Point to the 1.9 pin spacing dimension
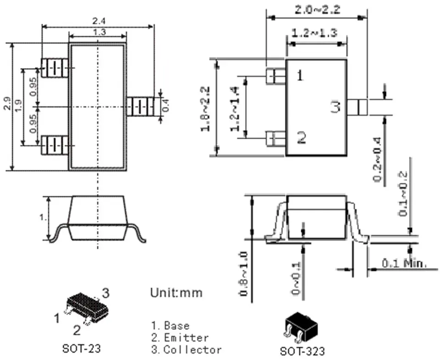(x=18, y=106)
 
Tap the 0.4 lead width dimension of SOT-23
(x=166, y=106)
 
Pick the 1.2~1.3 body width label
(x=315, y=33)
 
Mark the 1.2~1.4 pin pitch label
(x=235, y=109)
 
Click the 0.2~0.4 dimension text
(x=378, y=159)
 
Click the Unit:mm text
(x=176, y=292)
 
